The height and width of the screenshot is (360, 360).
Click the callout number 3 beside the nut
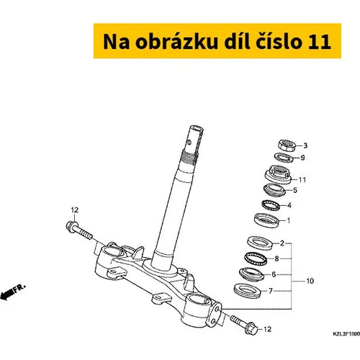(x=305, y=145)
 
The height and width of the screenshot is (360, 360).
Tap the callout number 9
(x=302, y=158)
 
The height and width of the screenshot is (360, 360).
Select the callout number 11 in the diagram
(x=302, y=180)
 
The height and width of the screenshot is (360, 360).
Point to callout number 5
(x=295, y=190)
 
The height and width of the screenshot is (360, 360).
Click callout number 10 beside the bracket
(x=310, y=281)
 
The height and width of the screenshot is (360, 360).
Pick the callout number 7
(x=271, y=291)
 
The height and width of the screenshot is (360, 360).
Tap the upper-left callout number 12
(x=75, y=210)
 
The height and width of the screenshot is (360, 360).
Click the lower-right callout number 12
(x=267, y=329)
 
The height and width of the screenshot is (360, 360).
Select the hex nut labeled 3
(x=287, y=145)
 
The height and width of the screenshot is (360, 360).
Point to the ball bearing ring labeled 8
(x=256, y=258)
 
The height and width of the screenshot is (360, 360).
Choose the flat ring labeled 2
(x=260, y=243)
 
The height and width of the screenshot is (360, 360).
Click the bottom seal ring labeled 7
(x=247, y=291)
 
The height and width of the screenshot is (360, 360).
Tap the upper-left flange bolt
(x=78, y=230)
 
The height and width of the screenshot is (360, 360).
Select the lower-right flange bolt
(x=244, y=325)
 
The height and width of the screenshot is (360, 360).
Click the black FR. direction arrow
(x=6, y=294)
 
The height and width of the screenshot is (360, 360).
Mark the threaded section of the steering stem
(x=191, y=156)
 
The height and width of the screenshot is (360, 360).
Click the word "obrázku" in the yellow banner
(x=176, y=42)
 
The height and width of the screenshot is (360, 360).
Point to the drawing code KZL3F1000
(x=346, y=334)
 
